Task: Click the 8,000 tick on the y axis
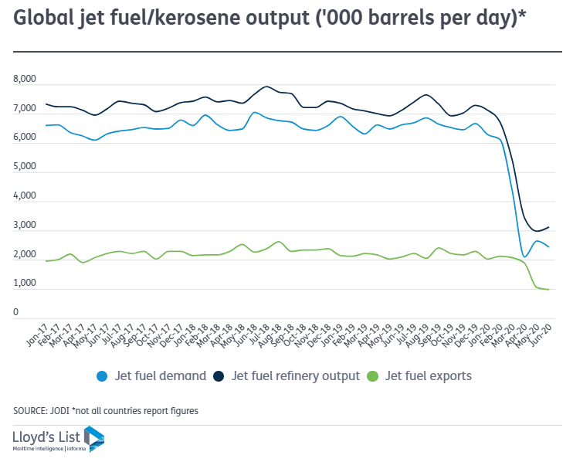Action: point(25,80)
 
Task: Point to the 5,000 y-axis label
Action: point(25,167)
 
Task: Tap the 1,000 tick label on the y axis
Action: point(25,284)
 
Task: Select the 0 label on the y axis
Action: point(15,313)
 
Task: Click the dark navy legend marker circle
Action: point(222,376)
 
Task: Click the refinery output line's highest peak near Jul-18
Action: point(267,87)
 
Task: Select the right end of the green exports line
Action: point(548,290)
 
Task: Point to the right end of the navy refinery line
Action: point(548,227)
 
